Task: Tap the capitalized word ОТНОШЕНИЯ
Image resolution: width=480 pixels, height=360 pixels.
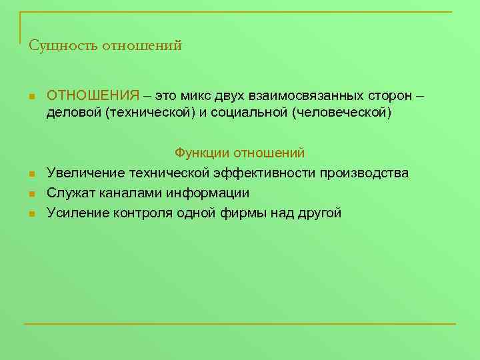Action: coord(93,95)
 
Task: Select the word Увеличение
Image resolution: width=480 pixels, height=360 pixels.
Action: coord(85,173)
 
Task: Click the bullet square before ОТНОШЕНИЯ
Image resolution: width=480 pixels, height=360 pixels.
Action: coord(31,96)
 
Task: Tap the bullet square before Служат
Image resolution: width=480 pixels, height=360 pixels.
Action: coord(31,194)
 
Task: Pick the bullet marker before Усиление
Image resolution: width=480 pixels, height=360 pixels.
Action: coord(31,214)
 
